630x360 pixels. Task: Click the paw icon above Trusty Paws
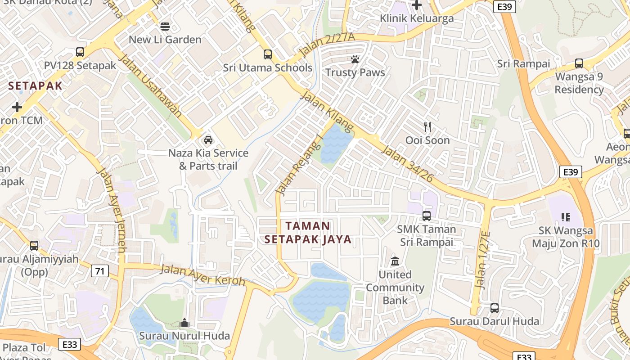(x=355, y=59)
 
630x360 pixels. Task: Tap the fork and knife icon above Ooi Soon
(x=427, y=127)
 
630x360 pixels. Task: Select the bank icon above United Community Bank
(x=395, y=261)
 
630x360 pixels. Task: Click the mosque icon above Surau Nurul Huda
(x=184, y=323)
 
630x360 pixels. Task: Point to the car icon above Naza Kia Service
(x=208, y=139)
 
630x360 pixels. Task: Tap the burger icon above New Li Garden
(x=165, y=26)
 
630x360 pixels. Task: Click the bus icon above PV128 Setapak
(x=80, y=52)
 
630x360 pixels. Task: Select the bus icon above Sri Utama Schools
(x=268, y=54)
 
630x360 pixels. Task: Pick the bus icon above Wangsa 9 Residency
(x=579, y=63)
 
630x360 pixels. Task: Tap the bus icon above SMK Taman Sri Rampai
(x=426, y=216)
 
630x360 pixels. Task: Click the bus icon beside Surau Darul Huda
(x=495, y=308)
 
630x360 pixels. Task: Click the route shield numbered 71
(x=100, y=271)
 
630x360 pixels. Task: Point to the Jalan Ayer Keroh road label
(x=202, y=275)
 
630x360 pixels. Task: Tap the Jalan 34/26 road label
(x=407, y=163)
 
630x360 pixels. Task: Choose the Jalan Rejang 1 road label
(x=300, y=165)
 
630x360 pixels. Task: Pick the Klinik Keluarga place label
(x=417, y=18)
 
